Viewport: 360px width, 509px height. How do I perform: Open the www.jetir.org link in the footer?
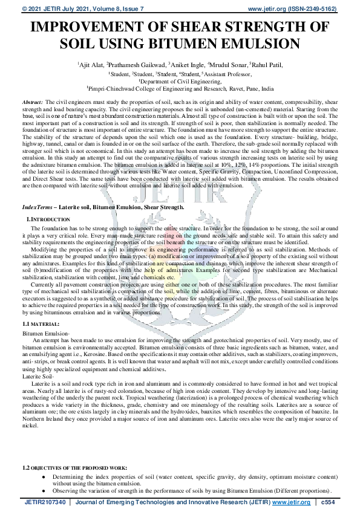click(293, 502)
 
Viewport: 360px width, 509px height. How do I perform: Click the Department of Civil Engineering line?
click(180, 80)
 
